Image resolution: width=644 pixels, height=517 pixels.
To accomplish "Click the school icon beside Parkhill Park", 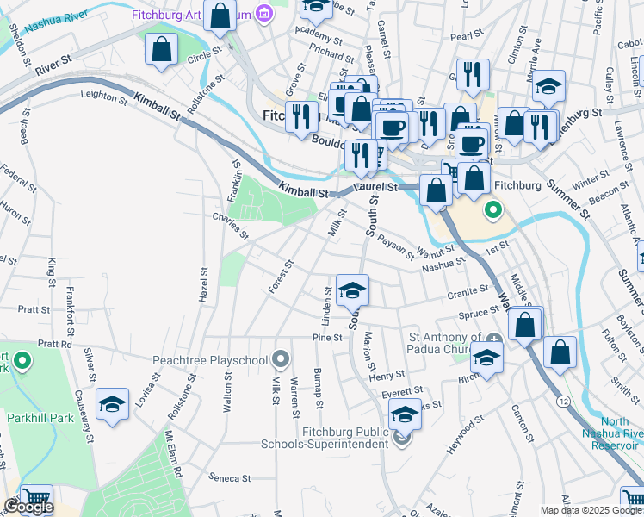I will [x=112, y=406].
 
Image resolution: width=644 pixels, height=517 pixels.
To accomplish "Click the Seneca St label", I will [x=230, y=477].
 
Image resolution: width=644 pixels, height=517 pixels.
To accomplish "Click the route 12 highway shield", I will [x=562, y=402].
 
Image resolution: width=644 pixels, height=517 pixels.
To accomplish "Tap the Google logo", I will [x=28, y=507].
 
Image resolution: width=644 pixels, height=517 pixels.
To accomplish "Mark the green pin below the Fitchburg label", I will [x=493, y=209].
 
